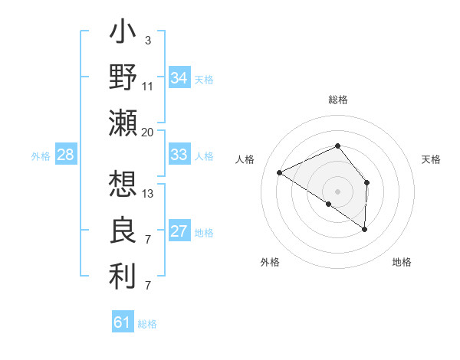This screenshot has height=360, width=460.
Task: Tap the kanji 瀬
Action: click(x=123, y=122)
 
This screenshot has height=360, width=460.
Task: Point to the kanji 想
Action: click(x=123, y=185)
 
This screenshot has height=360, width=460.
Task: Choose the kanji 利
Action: click(x=123, y=275)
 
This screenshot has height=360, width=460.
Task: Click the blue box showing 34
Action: click(x=179, y=78)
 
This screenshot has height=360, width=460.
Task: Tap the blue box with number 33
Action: click(x=179, y=155)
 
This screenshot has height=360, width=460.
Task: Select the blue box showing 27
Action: click(x=179, y=232)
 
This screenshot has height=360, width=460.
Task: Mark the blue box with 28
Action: click(x=66, y=155)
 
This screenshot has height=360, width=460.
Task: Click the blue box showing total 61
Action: click(x=123, y=322)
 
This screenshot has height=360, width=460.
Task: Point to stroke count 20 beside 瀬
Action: click(x=148, y=132)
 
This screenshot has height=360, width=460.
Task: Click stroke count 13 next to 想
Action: click(x=148, y=193)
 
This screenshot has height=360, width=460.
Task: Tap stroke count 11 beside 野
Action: click(x=148, y=86)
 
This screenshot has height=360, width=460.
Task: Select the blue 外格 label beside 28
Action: click(x=41, y=156)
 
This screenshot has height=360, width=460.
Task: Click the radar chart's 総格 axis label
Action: click(x=338, y=100)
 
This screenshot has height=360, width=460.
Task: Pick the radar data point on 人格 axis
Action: click(x=280, y=172)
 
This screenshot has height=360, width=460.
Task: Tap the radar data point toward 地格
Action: click(x=365, y=229)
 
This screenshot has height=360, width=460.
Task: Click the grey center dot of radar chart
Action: click(x=337, y=191)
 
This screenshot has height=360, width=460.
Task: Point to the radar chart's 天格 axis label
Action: click(x=432, y=159)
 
